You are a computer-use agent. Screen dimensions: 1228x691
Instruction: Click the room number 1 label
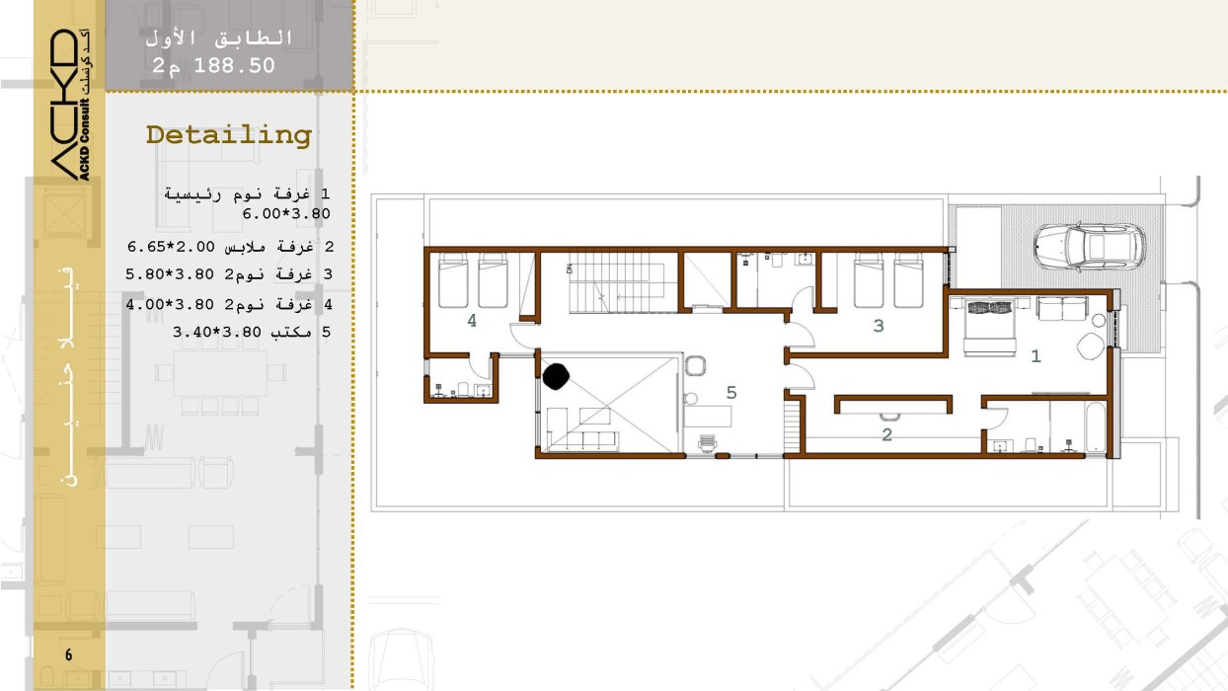click(x=1036, y=356)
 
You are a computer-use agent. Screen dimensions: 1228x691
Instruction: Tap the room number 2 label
click(x=887, y=435)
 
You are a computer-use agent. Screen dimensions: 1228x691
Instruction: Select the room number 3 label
click(x=879, y=326)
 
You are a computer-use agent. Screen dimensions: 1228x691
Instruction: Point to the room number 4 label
click(x=472, y=321)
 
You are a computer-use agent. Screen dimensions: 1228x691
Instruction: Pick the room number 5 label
click(x=731, y=393)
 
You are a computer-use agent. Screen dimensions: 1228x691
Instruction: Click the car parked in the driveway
click(x=1089, y=247)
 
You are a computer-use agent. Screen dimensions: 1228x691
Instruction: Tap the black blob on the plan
click(x=556, y=377)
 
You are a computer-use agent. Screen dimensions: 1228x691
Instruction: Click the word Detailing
click(x=229, y=135)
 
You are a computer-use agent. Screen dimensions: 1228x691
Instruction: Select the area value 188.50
click(x=234, y=65)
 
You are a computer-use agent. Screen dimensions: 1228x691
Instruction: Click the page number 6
click(x=68, y=654)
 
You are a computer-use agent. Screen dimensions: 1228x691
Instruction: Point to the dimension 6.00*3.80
click(x=286, y=214)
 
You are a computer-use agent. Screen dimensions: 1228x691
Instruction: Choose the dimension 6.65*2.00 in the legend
click(x=171, y=247)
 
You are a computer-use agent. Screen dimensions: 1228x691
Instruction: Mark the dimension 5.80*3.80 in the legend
click(x=170, y=274)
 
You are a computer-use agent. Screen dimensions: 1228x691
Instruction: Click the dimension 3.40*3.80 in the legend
click(x=217, y=332)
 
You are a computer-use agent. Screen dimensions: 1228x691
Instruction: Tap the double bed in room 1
click(x=989, y=328)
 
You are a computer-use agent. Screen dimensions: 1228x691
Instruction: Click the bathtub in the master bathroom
click(x=1096, y=427)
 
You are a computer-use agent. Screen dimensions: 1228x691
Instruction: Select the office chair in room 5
click(x=707, y=443)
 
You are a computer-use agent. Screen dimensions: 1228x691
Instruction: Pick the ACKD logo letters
click(x=65, y=105)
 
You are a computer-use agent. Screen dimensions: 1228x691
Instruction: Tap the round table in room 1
click(x=1091, y=346)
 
